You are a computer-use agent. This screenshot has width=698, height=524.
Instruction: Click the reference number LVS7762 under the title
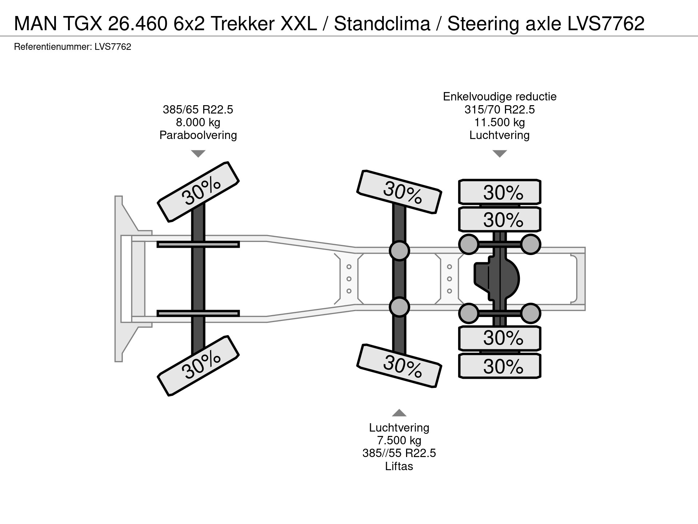coord(112,47)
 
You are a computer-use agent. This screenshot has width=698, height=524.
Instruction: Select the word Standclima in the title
coord(382,24)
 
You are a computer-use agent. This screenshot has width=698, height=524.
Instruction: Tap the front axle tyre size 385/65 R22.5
coord(198,110)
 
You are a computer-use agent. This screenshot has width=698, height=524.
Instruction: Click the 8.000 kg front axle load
coord(198,122)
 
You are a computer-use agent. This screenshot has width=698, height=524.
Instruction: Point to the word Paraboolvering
coord(198,135)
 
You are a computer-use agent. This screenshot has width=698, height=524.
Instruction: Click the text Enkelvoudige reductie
coord(500,96)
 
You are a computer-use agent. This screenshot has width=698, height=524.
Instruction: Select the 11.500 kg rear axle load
coord(500,122)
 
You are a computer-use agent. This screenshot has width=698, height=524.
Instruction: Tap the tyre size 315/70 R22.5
coord(500,110)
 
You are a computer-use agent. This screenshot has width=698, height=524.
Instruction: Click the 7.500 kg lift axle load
coord(399,440)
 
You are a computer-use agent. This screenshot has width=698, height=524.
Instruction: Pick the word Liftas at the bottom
coord(399,466)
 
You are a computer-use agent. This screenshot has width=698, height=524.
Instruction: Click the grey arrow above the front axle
coord(198,154)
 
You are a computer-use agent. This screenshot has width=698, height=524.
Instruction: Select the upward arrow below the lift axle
coord(399,413)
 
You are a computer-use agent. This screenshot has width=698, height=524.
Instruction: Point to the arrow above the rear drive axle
coord(500,154)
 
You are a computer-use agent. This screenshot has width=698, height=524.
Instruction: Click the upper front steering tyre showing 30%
coord(198,191)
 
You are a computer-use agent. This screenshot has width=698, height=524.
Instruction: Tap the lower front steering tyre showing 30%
coord(198,365)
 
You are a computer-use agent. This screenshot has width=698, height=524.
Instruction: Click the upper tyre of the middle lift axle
coord(399,191)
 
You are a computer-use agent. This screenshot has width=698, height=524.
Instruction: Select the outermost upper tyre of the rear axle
coord(500,192)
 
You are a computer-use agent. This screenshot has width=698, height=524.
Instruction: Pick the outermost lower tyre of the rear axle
coord(500,366)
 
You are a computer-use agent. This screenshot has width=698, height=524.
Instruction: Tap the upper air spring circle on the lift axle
coord(399,250)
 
